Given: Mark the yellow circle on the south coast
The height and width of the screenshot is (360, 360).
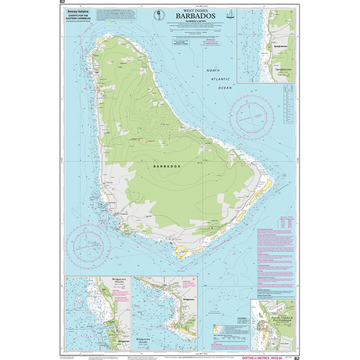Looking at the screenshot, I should coord(181,252).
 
